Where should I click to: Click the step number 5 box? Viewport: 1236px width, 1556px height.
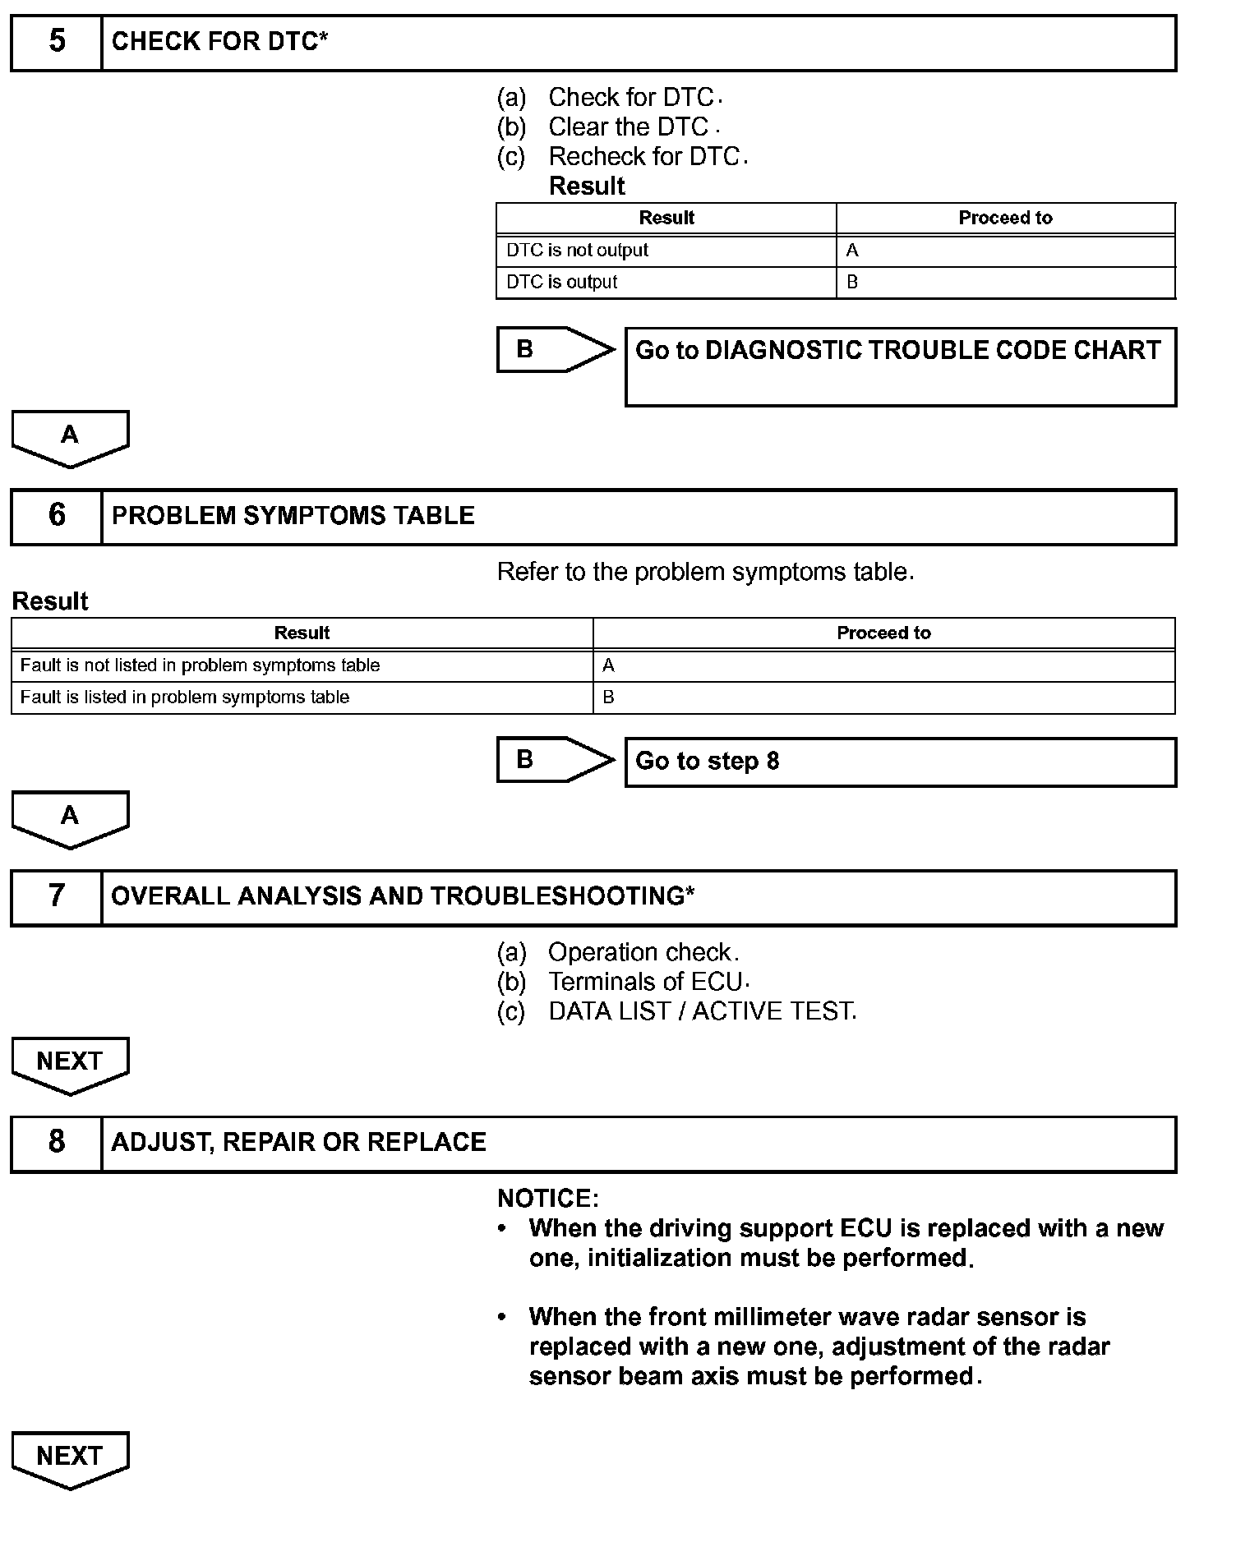(x=57, y=42)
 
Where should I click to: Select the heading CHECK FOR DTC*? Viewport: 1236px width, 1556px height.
(x=219, y=42)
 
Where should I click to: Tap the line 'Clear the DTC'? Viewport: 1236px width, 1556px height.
(x=628, y=127)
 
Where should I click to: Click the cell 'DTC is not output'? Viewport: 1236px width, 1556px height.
(x=577, y=251)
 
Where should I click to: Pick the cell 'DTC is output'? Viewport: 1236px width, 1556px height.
(x=561, y=283)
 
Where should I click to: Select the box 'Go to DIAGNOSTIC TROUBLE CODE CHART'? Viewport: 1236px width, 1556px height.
(x=899, y=366)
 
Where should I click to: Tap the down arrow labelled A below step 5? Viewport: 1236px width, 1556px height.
(x=70, y=438)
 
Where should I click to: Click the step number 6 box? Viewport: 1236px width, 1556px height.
(x=57, y=516)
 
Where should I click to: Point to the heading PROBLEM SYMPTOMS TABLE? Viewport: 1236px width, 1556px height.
(x=293, y=516)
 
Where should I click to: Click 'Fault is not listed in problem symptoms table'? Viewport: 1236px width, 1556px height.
(x=200, y=665)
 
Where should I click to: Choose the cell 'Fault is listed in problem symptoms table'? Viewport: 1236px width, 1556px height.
(x=185, y=697)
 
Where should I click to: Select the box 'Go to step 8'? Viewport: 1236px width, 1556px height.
(x=899, y=762)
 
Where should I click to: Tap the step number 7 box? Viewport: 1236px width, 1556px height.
(x=57, y=896)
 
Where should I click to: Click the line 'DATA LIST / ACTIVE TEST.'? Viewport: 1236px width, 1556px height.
(x=702, y=1011)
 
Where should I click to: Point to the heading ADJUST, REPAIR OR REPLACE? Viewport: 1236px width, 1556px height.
(x=299, y=1143)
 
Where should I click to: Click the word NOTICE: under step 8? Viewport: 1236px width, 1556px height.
(x=548, y=1199)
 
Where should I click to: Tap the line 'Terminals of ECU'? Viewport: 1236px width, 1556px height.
(x=645, y=982)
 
